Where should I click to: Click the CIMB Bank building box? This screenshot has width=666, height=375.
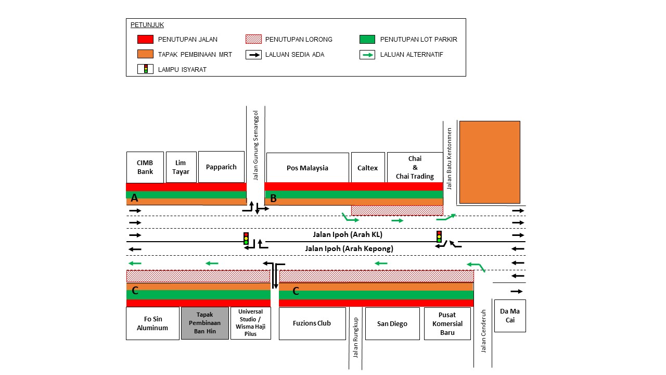tap(145, 167)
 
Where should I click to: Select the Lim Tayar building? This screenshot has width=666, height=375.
tap(181, 167)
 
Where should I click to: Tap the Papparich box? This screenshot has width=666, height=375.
tap(221, 167)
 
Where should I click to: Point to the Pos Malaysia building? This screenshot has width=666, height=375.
tap(308, 168)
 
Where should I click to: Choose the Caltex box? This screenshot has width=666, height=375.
tap(368, 168)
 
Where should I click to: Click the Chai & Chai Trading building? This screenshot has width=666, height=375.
tap(415, 168)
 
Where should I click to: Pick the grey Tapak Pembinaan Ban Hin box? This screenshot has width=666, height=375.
tap(205, 323)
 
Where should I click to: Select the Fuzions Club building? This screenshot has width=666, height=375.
tap(312, 323)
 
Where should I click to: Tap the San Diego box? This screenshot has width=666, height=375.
tap(392, 323)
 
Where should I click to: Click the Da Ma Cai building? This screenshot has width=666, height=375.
tap(510, 316)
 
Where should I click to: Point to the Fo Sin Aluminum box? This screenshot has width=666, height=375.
tap(152, 323)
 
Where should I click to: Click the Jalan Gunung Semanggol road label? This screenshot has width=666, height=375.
tap(255, 145)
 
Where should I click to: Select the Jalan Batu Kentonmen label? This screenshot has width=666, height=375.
tap(449, 159)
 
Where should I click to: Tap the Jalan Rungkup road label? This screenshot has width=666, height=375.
tap(355, 337)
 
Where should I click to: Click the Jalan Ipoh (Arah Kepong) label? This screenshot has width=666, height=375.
tap(349, 248)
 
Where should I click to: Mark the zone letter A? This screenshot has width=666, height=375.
tap(134, 197)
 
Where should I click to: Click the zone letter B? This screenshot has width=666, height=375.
tap(273, 198)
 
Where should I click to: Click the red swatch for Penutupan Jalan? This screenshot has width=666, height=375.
tap(145, 39)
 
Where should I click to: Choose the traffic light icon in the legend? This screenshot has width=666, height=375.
tap(145, 69)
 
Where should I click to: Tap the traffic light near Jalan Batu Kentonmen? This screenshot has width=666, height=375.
tap(439, 236)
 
